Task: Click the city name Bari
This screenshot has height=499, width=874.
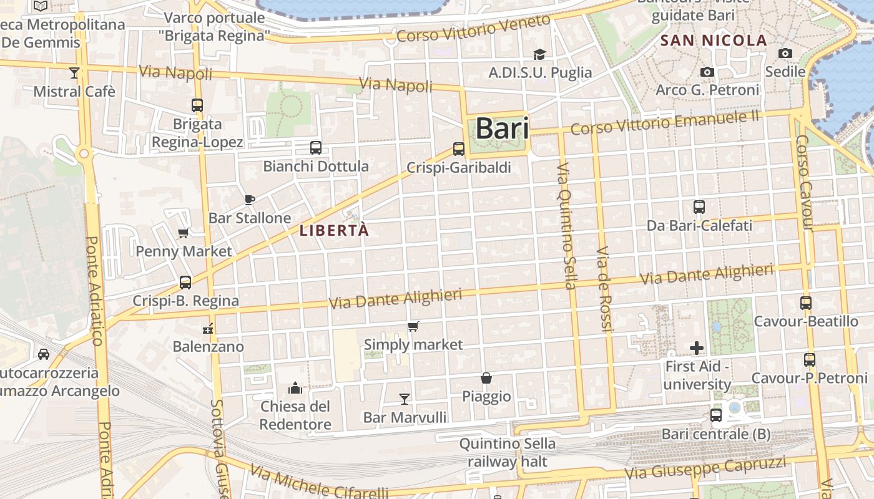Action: click(x=502, y=129)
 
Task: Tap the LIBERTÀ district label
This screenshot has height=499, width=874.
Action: click(x=334, y=230)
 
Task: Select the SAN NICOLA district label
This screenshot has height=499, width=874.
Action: click(x=714, y=41)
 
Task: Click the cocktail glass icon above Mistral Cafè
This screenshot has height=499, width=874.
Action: click(x=74, y=73)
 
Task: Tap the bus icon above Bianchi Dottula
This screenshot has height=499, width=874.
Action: click(x=316, y=148)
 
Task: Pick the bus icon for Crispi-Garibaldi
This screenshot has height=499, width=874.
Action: click(x=459, y=148)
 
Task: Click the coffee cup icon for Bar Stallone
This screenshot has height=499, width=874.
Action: click(x=250, y=200)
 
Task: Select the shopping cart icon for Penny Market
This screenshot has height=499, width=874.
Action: click(x=184, y=233)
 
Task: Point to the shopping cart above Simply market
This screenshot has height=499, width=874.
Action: click(x=413, y=326)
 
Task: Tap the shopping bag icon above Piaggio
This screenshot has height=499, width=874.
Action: click(x=486, y=378)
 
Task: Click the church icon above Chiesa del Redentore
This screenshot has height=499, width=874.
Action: click(x=295, y=388)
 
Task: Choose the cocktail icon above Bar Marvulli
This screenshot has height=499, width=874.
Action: click(x=405, y=399)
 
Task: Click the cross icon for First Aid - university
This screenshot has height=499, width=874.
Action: click(x=697, y=347)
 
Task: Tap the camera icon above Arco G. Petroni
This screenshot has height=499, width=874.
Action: click(x=707, y=72)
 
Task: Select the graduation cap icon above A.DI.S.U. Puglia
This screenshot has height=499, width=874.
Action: click(x=539, y=55)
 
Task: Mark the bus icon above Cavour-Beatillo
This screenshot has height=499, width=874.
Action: click(x=806, y=303)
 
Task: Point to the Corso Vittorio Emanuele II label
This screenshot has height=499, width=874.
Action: click(x=665, y=123)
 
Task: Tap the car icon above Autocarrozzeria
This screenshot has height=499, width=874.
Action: click(x=44, y=354)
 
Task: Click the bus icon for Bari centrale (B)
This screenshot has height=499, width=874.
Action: click(x=716, y=415)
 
